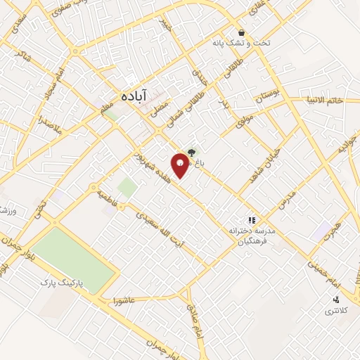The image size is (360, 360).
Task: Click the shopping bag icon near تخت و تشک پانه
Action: pos(241,33)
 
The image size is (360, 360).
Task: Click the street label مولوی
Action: pos(243,120)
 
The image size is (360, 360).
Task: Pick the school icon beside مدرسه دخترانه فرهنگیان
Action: pos(252,219)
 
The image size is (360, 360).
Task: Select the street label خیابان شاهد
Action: pos(264,160)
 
